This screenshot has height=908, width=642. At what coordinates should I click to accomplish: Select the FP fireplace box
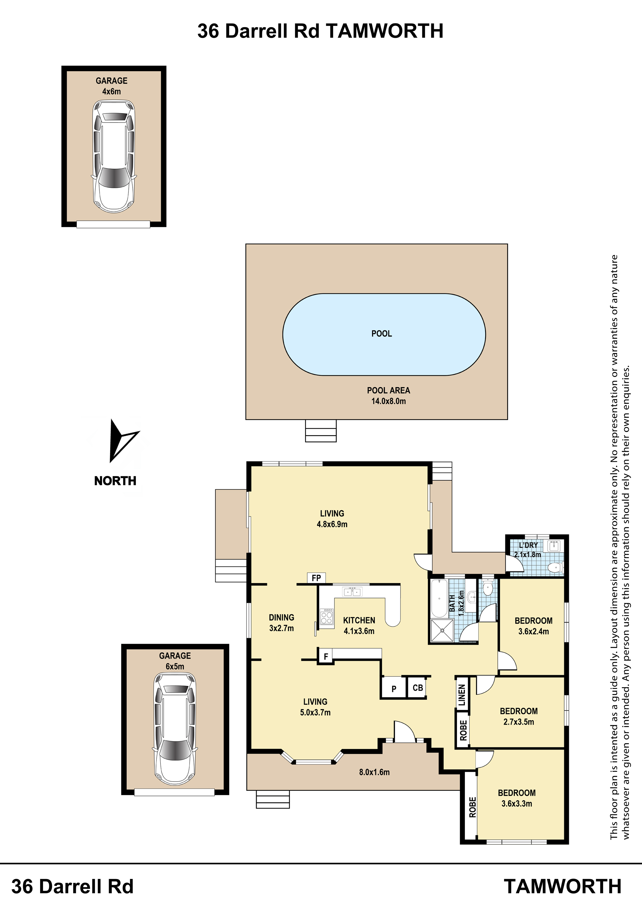[316, 578]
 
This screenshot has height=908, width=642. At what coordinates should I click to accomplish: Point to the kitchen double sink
[352, 592]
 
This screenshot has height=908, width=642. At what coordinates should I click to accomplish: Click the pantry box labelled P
[393, 689]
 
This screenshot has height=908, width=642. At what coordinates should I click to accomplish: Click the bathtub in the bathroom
[439, 598]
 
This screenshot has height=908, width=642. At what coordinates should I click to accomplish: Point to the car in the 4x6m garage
[114, 156]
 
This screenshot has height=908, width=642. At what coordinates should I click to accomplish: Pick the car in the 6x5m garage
[175, 729]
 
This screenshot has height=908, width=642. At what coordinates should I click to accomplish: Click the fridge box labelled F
[326, 656]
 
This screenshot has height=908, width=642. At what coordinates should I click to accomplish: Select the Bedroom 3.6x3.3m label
[517, 798]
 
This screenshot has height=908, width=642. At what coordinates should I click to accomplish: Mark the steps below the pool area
[321, 431]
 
